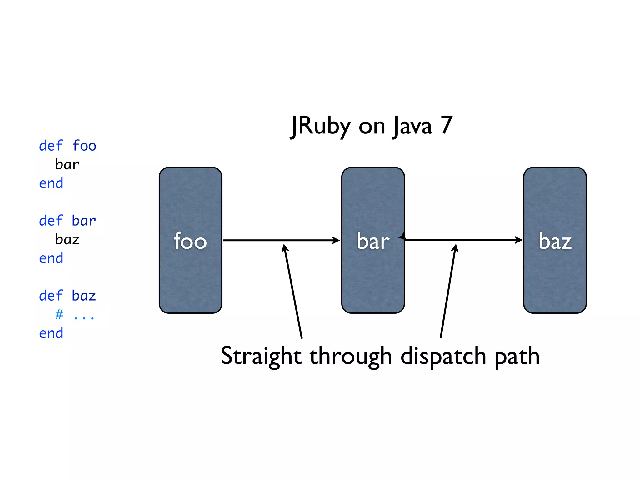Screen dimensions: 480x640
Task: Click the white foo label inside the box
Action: (190, 241)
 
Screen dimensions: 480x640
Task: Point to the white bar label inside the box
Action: (373, 241)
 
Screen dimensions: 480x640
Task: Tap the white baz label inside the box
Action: (555, 241)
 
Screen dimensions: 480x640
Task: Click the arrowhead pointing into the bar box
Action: (336, 240)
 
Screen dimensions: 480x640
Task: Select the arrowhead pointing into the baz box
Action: (519, 240)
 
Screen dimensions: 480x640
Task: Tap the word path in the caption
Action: (517, 356)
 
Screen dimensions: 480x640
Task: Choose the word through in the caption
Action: (351, 356)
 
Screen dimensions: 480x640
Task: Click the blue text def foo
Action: (67, 146)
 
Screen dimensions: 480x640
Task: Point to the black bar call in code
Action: (67, 164)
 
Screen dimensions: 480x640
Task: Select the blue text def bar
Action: (67, 221)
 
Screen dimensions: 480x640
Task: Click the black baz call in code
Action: (67, 240)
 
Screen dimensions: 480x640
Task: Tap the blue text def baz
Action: (67, 296)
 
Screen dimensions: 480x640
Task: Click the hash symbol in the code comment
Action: (59, 314)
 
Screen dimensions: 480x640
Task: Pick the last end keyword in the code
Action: (51, 333)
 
